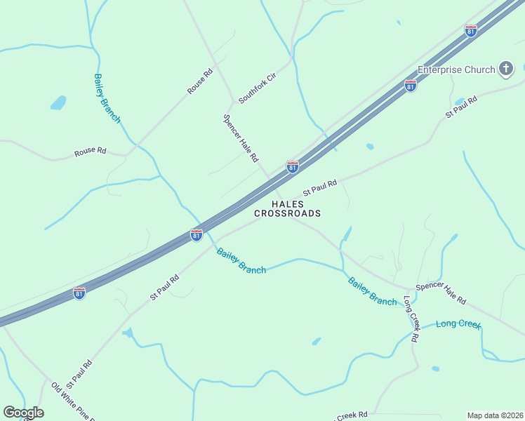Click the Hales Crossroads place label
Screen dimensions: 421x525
(x=287, y=208)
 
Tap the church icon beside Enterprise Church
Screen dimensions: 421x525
(x=506, y=69)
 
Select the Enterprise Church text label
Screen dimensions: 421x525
(x=456, y=69)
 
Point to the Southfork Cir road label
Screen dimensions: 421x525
(x=258, y=88)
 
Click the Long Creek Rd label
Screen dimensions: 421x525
(x=411, y=319)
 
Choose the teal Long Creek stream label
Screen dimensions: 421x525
(x=458, y=324)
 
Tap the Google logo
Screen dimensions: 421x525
(x=23, y=413)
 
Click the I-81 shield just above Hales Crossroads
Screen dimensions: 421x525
(x=293, y=167)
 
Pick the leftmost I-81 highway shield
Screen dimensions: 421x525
(x=79, y=293)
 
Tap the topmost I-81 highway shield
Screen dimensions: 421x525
(x=471, y=31)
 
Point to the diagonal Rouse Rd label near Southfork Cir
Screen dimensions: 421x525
(x=200, y=81)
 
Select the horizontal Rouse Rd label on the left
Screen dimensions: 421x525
(x=91, y=151)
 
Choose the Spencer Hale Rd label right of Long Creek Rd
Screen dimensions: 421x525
(x=441, y=293)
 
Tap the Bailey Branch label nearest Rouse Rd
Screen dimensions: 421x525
(x=107, y=98)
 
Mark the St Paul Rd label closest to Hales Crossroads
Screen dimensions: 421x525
(x=320, y=187)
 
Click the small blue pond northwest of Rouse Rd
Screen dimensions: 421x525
(x=58, y=103)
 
